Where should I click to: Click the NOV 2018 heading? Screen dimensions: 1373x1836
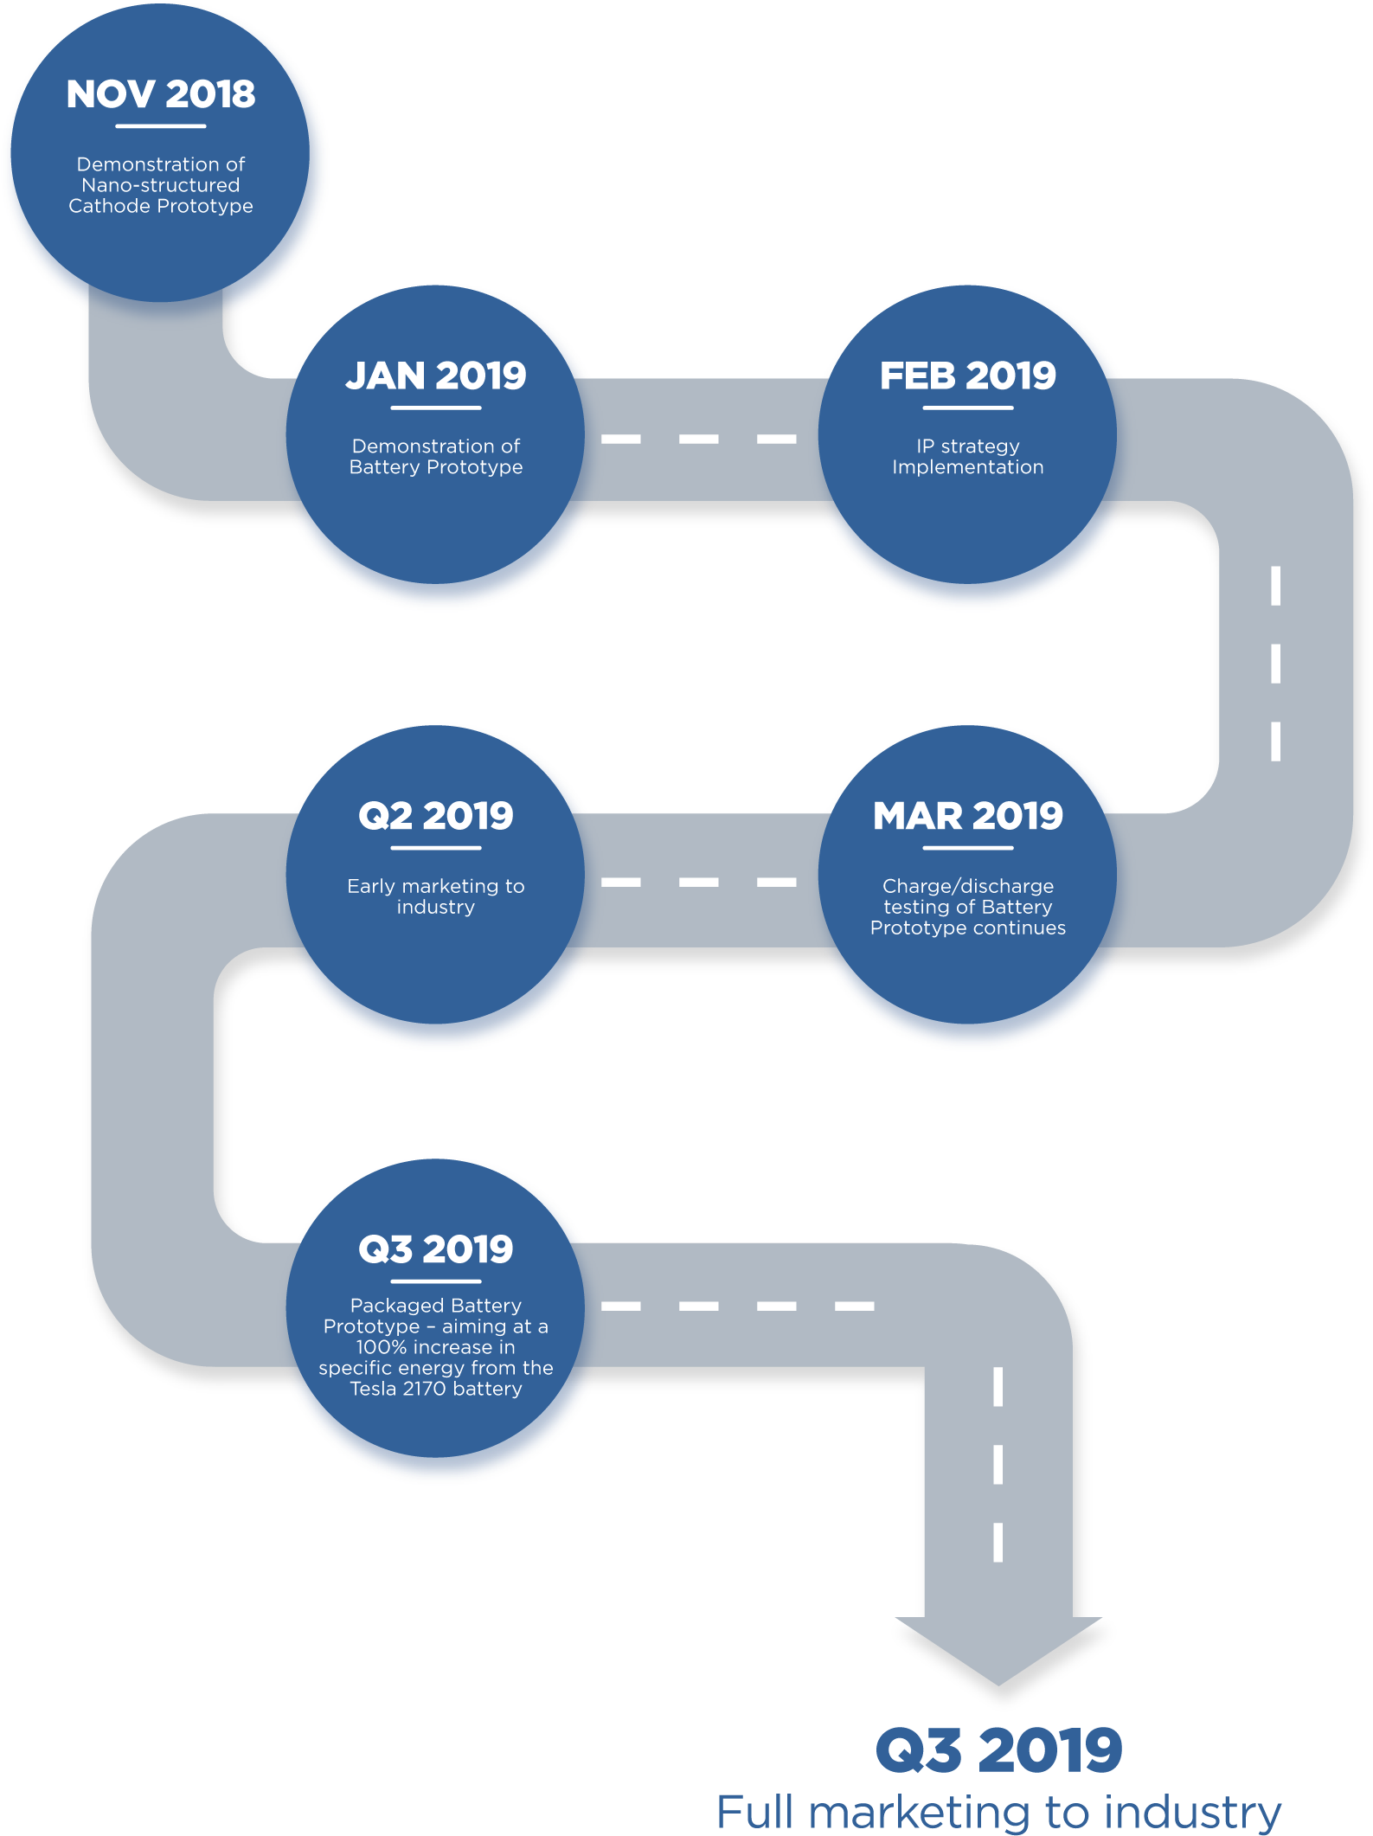coord(161,94)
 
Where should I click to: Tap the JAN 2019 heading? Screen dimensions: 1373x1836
coord(436,376)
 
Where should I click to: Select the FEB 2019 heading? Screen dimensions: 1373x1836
coord(968,376)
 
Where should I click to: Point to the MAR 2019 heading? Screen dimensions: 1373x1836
coord(968,816)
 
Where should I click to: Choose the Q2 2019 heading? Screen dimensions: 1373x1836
coord(436,816)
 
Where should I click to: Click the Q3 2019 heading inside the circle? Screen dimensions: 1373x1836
coord(436,1249)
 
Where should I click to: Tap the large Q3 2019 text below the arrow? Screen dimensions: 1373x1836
coord(999,1750)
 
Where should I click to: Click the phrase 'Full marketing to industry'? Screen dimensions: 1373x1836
coord(999,1812)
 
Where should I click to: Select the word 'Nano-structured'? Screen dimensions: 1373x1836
coord(161,185)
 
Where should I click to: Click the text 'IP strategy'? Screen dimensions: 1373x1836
coord(968,446)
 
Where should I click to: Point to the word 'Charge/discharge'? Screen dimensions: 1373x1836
coord(968,886)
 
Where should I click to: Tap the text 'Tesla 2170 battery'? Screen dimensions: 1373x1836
coord(436,1389)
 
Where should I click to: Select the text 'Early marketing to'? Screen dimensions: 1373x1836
coord(436,886)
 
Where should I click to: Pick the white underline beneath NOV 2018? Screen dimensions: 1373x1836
coord(161,126)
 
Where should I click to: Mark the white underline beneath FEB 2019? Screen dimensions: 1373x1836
coord(968,408)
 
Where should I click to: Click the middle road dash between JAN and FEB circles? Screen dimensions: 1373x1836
coord(699,439)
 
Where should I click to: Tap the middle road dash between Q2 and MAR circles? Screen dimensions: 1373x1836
coord(699,883)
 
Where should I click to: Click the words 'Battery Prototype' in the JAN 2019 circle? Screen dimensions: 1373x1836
coord(436,467)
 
